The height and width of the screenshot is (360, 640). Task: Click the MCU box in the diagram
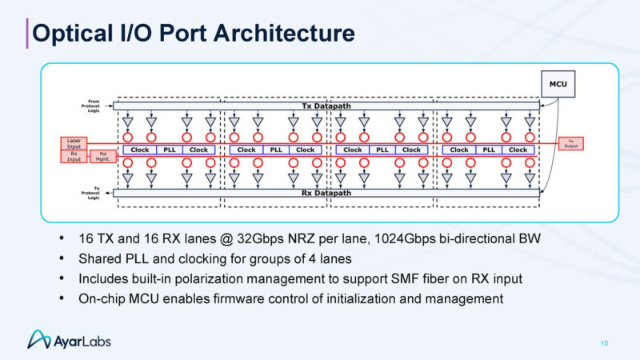[x=557, y=82]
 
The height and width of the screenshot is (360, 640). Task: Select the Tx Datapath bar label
[x=326, y=106]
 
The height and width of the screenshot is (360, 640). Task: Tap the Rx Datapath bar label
[x=326, y=192]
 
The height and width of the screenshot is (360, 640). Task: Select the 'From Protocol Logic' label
[x=89, y=103]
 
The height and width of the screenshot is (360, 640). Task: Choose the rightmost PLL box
[x=489, y=150]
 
